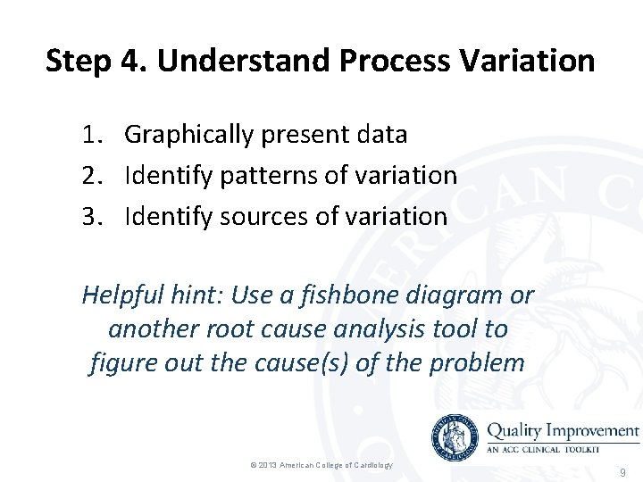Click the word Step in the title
click(x=78, y=62)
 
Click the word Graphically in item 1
click(x=188, y=135)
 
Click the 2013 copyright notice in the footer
click(x=321, y=465)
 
